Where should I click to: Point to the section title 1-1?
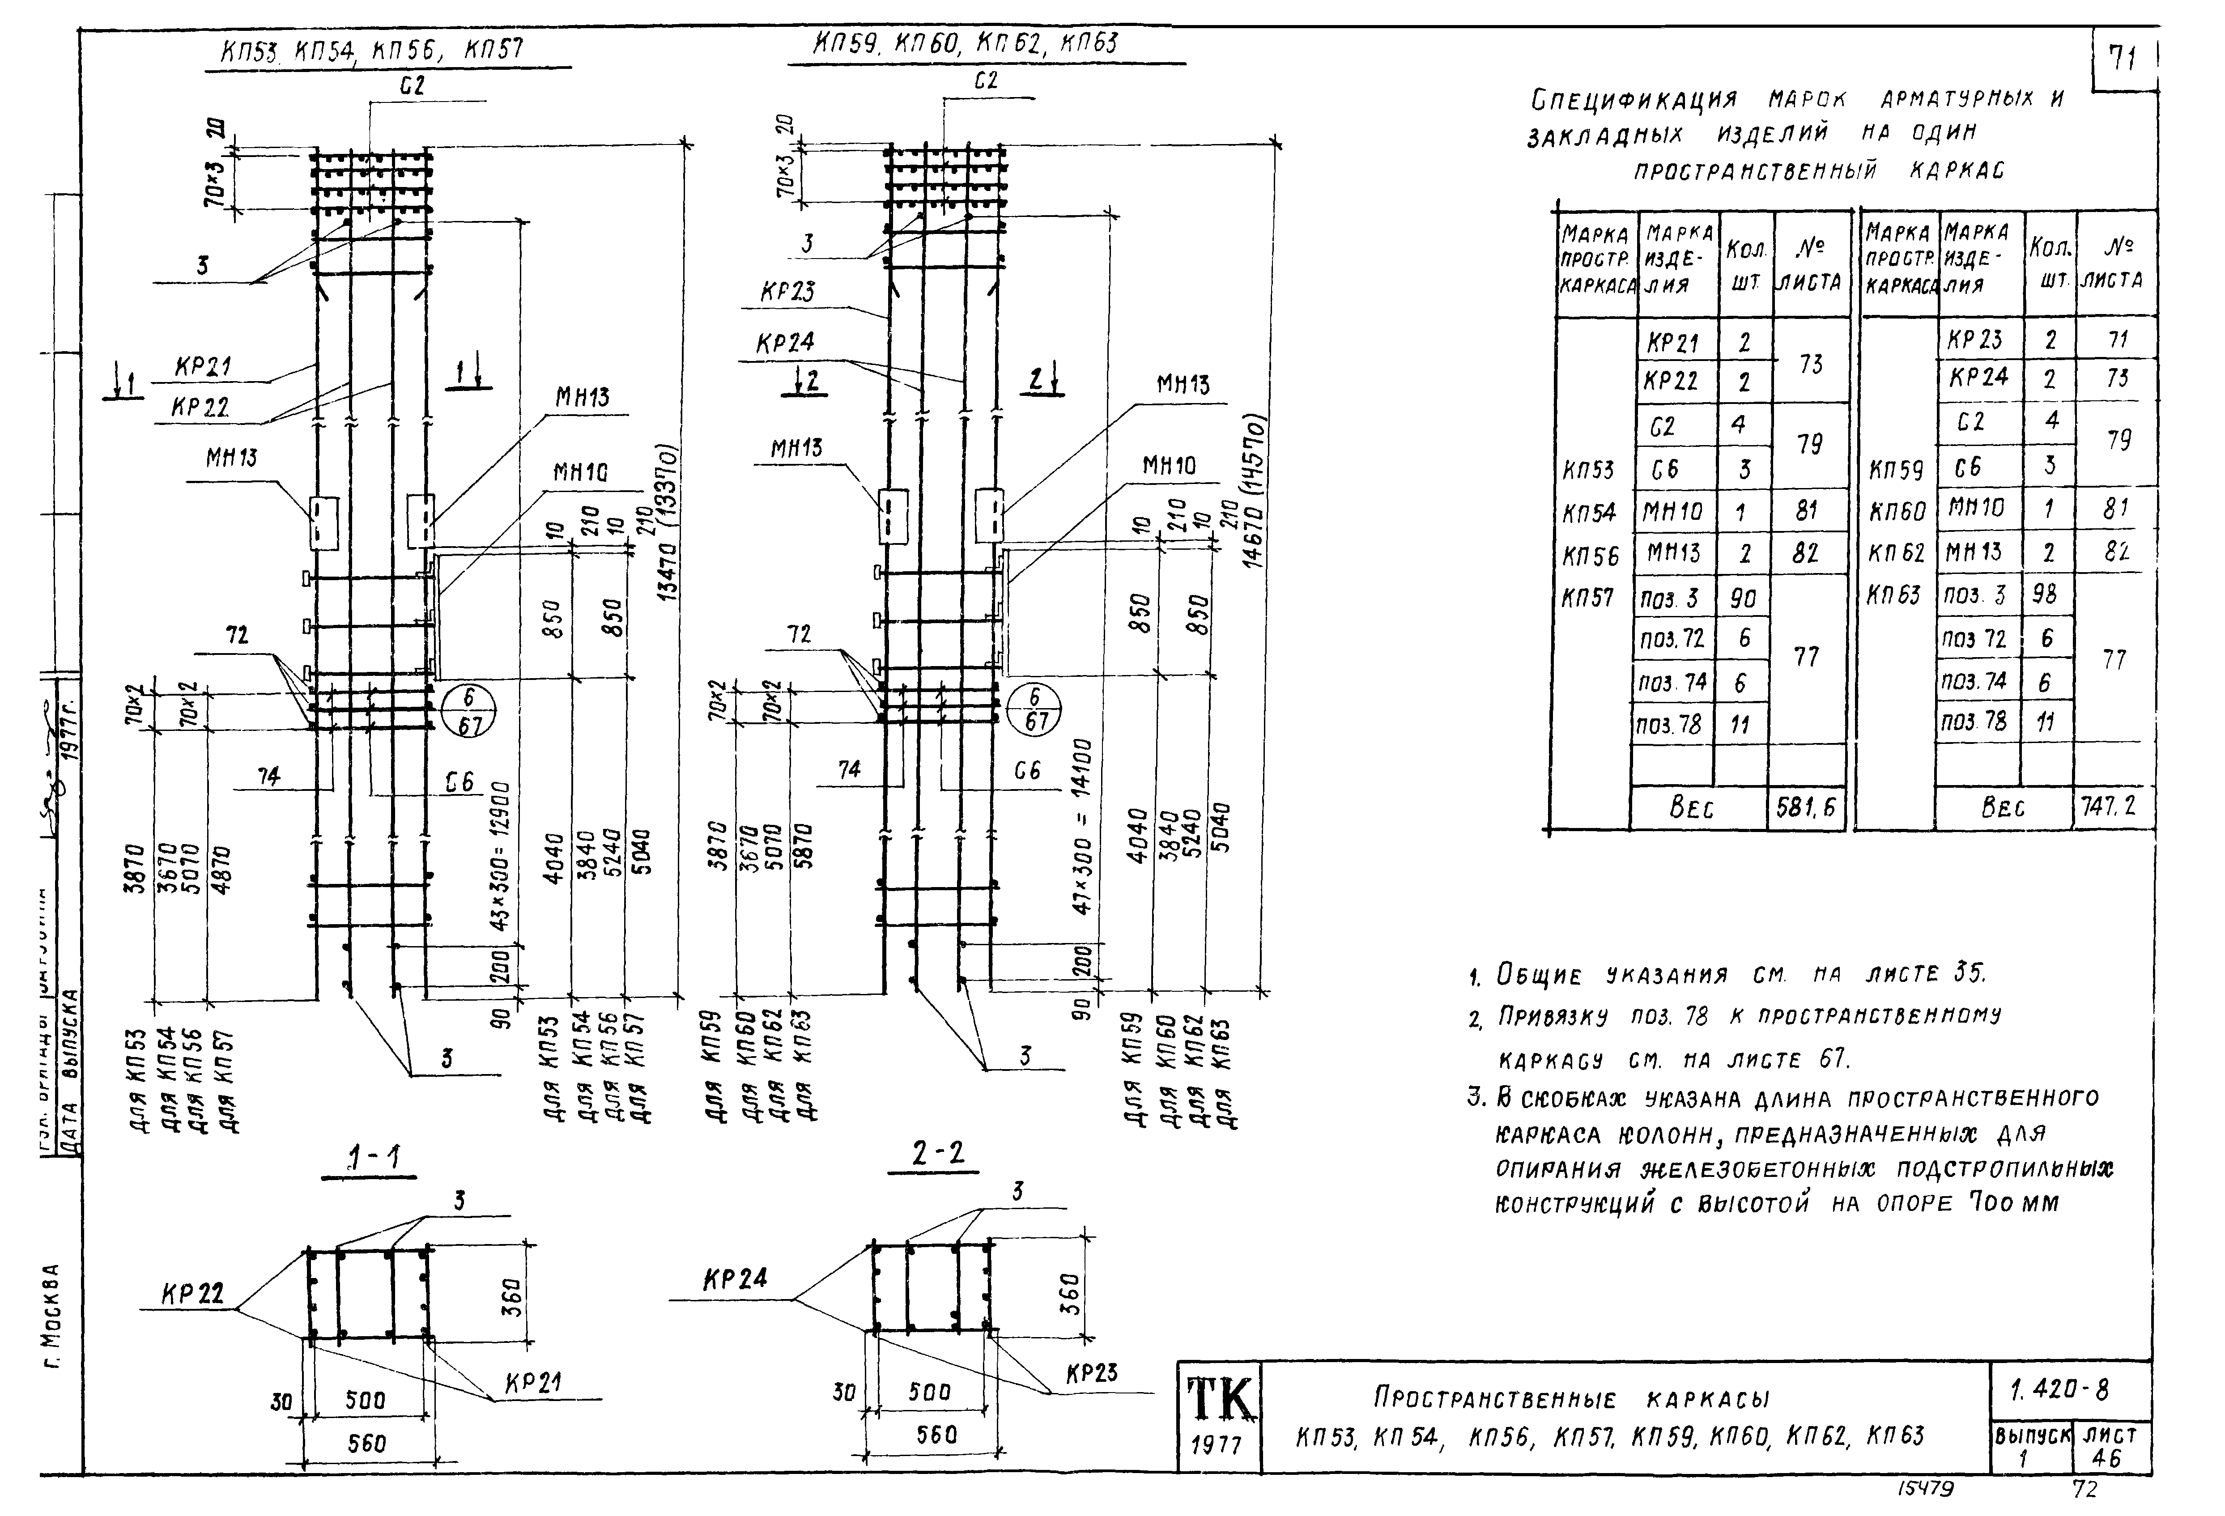point(374,1159)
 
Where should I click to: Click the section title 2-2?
point(938,1155)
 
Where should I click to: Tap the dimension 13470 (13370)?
point(668,522)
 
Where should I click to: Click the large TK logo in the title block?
point(1219,1398)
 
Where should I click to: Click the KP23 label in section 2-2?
point(1091,1372)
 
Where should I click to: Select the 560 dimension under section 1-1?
point(367,1442)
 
